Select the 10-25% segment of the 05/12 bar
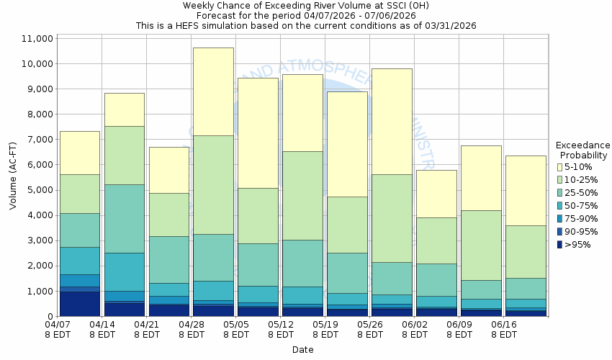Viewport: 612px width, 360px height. pos(302,195)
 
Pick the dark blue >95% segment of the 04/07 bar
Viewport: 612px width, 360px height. pos(79,303)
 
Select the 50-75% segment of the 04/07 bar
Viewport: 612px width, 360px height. pos(79,261)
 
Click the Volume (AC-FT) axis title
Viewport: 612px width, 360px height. pos(13,176)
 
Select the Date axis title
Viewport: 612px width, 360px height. pos(302,350)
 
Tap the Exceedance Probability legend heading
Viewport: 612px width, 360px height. pos(583,150)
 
